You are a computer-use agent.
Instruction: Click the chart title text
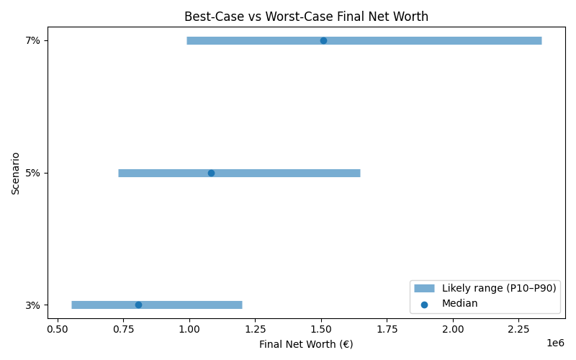(307, 16)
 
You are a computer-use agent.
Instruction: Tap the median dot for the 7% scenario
(323, 40)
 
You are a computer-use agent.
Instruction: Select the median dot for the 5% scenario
(211, 173)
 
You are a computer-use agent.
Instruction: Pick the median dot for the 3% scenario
(138, 305)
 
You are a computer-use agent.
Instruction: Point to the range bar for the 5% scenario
(288, 173)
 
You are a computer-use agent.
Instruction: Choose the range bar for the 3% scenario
(187, 305)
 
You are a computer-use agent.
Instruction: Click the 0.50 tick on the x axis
(57, 328)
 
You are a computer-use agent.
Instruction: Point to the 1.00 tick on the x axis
(189, 328)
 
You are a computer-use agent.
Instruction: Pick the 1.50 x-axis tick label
(321, 328)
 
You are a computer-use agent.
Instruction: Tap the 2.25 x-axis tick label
(518, 328)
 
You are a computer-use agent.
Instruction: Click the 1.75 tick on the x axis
(387, 328)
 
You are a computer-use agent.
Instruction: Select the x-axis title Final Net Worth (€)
(307, 344)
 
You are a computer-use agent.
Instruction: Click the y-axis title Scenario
(16, 173)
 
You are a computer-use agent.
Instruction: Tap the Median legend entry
(459, 303)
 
